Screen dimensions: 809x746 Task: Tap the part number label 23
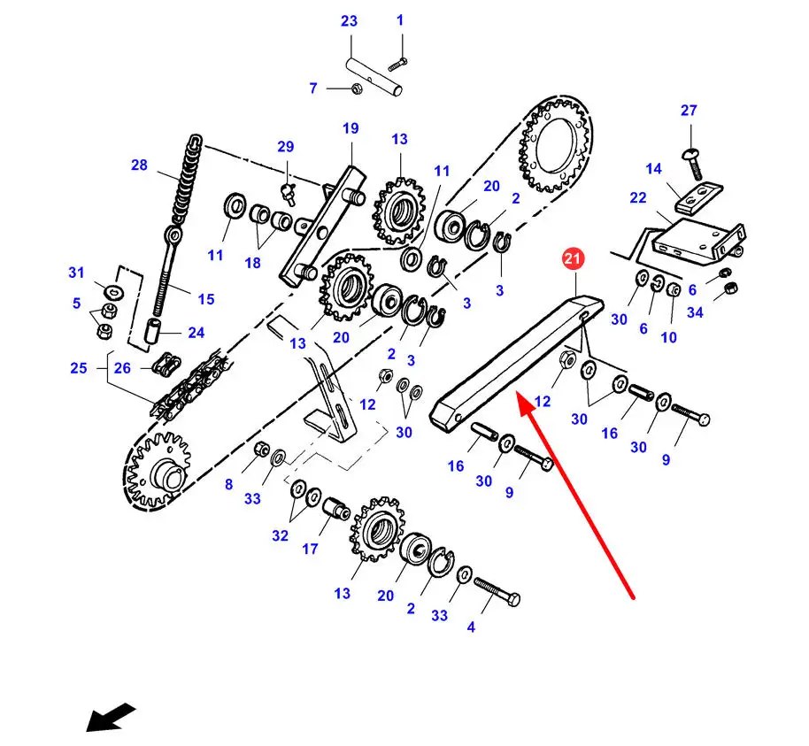[x=349, y=21]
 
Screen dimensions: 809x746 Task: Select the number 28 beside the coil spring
[x=139, y=165]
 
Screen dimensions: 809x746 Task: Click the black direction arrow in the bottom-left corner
[x=111, y=717]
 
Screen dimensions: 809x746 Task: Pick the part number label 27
[x=689, y=111]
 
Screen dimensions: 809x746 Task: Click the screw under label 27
[x=693, y=164]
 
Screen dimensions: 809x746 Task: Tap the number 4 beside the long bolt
[x=471, y=627]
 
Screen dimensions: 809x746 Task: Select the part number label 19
[x=351, y=128]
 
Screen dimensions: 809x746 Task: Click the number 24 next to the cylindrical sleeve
[x=196, y=333]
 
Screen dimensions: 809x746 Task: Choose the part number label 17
[x=310, y=549]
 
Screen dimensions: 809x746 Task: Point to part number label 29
[x=285, y=147]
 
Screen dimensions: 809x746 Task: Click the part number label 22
[x=638, y=198]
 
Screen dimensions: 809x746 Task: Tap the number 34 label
[x=695, y=312]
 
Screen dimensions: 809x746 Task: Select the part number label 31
[x=76, y=273]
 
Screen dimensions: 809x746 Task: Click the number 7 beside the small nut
[x=313, y=88]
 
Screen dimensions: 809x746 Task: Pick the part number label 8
[x=228, y=484]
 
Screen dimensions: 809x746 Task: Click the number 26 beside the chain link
[x=122, y=368]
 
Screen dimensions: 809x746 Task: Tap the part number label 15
[x=206, y=299]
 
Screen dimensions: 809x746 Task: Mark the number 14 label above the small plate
[x=654, y=169]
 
